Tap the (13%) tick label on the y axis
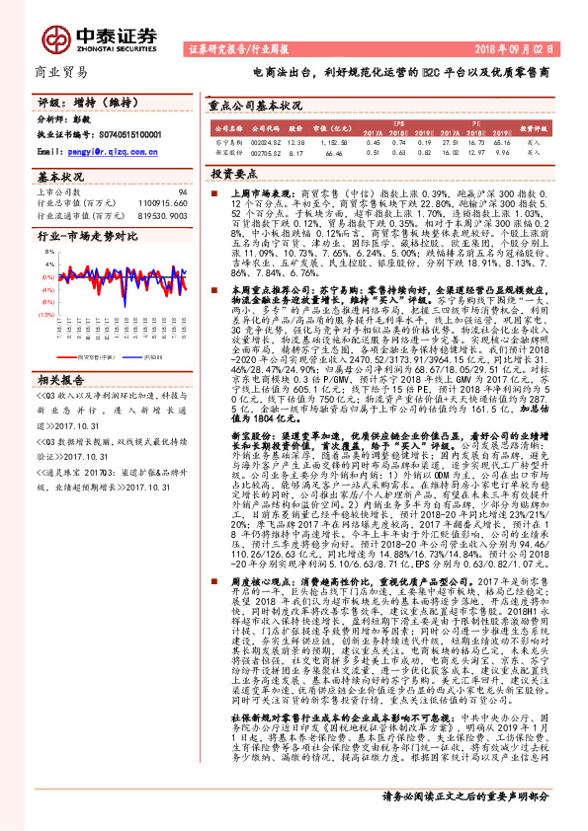pos(46,314)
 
